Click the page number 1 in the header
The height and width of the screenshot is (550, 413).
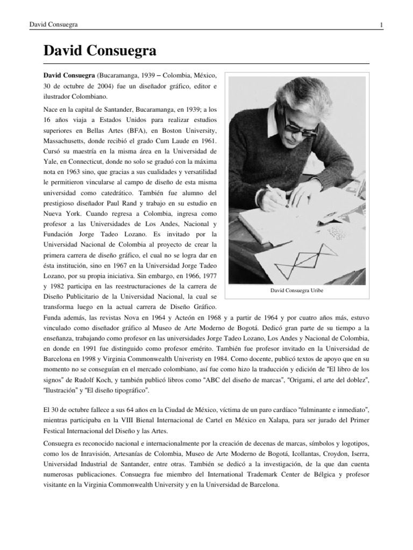pos(381,25)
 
